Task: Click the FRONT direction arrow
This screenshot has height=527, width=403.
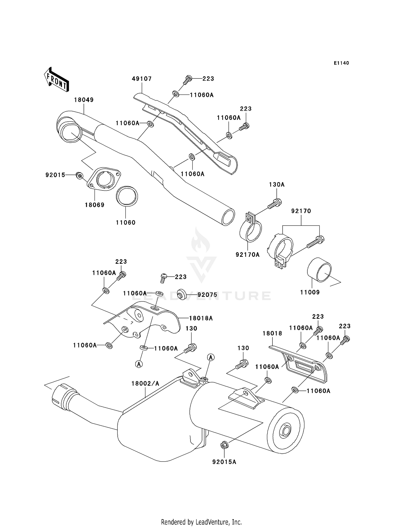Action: click(x=56, y=80)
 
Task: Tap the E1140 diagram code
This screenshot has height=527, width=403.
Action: click(x=341, y=63)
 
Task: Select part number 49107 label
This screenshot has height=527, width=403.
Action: click(x=142, y=79)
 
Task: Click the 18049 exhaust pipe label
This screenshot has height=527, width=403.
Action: click(x=84, y=100)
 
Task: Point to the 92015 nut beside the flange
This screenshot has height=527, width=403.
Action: click(x=79, y=175)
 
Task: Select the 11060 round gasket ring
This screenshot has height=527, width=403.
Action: click(x=127, y=196)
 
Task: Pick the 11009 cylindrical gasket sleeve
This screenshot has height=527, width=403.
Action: click(x=319, y=269)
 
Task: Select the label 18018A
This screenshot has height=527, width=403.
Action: click(x=201, y=318)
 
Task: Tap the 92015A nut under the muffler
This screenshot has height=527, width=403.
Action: click(x=224, y=446)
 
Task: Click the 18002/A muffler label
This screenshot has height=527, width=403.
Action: click(x=145, y=384)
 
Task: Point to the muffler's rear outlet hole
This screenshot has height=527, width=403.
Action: click(x=285, y=431)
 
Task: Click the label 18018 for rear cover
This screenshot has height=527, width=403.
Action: click(x=272, y=333)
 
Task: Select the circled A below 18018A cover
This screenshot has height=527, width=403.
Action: click(x=139, y=364)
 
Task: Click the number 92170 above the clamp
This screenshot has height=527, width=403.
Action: click(x=301, y=211)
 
